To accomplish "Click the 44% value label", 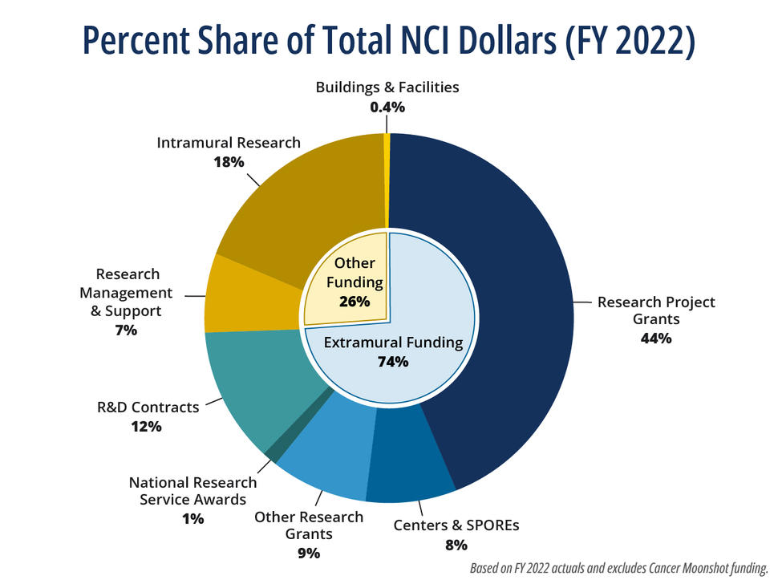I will [655, 338].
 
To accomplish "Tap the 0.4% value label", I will [387, 107].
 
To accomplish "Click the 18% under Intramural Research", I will [229, 162].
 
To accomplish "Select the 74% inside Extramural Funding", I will [393, 362].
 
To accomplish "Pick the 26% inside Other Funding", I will [355, 302].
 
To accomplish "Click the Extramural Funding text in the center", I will [393, 343].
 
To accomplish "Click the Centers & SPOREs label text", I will [456, 526].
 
